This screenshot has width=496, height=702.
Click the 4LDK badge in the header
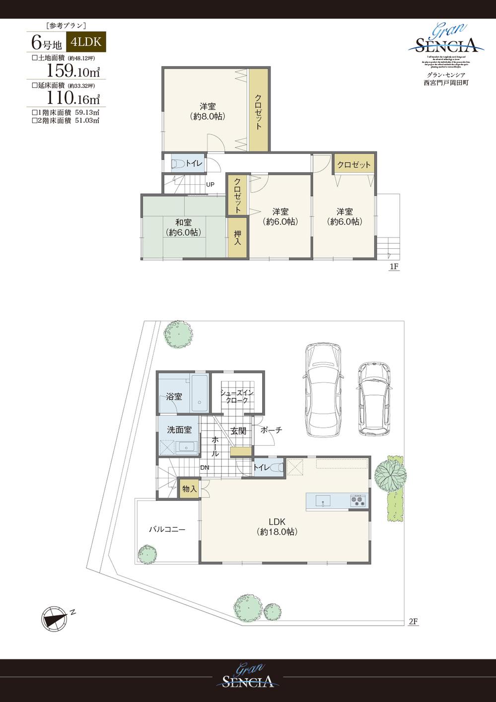coord(86,42)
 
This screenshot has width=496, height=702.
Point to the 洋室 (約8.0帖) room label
coord(207,111)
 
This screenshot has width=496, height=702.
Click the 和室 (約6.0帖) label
coord(183,227)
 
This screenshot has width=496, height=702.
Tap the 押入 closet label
coord(238,238)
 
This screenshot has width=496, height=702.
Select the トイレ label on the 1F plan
coord(194,163)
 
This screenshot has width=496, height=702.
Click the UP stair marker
coord(211,185)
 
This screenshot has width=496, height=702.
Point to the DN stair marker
coord(205,467)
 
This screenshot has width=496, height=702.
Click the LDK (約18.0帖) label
coord(277,526)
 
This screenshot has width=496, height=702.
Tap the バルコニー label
coord(167,529)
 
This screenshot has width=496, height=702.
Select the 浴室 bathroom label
coord(174,397)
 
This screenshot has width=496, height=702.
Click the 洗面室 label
coord(179,430)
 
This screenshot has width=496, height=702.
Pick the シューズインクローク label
coord(237,396)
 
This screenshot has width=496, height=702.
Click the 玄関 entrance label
coord(239,430)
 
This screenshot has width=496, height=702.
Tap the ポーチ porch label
coord(271,430)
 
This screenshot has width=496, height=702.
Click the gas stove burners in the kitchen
coord(358,500)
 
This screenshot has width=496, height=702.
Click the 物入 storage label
coord(189,489)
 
